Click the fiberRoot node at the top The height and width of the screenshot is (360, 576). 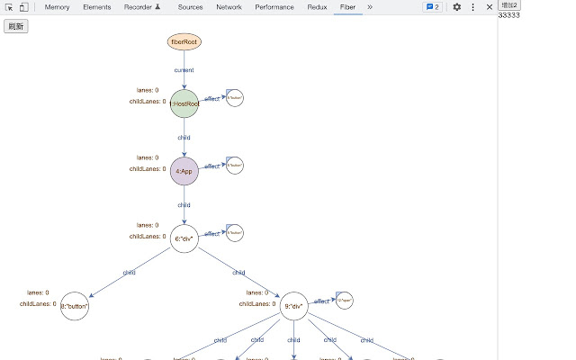[184, 41]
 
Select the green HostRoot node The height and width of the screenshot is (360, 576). [184, 104]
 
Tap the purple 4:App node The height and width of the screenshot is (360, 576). [184, 171]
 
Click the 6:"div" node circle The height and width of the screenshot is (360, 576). [184, 238]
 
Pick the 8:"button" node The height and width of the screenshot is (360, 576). [75, 307]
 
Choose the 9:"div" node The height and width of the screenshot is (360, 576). [294, 307]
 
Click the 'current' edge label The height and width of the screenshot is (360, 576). [184, 70]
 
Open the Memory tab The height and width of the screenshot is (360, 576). [57, 7]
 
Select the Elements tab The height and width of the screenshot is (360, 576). [96, 7]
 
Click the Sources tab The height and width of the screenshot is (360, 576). [190, 7]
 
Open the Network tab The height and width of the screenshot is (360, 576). [229, 7]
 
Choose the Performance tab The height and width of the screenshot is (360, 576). [274, 7]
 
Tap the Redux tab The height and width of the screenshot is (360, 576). [317, 7]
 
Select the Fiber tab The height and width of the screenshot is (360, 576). [347, 7]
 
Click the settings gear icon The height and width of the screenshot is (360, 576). [456, 7]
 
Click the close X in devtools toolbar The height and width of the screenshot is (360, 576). [490, 7]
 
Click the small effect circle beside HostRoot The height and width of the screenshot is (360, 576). [235, 98]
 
